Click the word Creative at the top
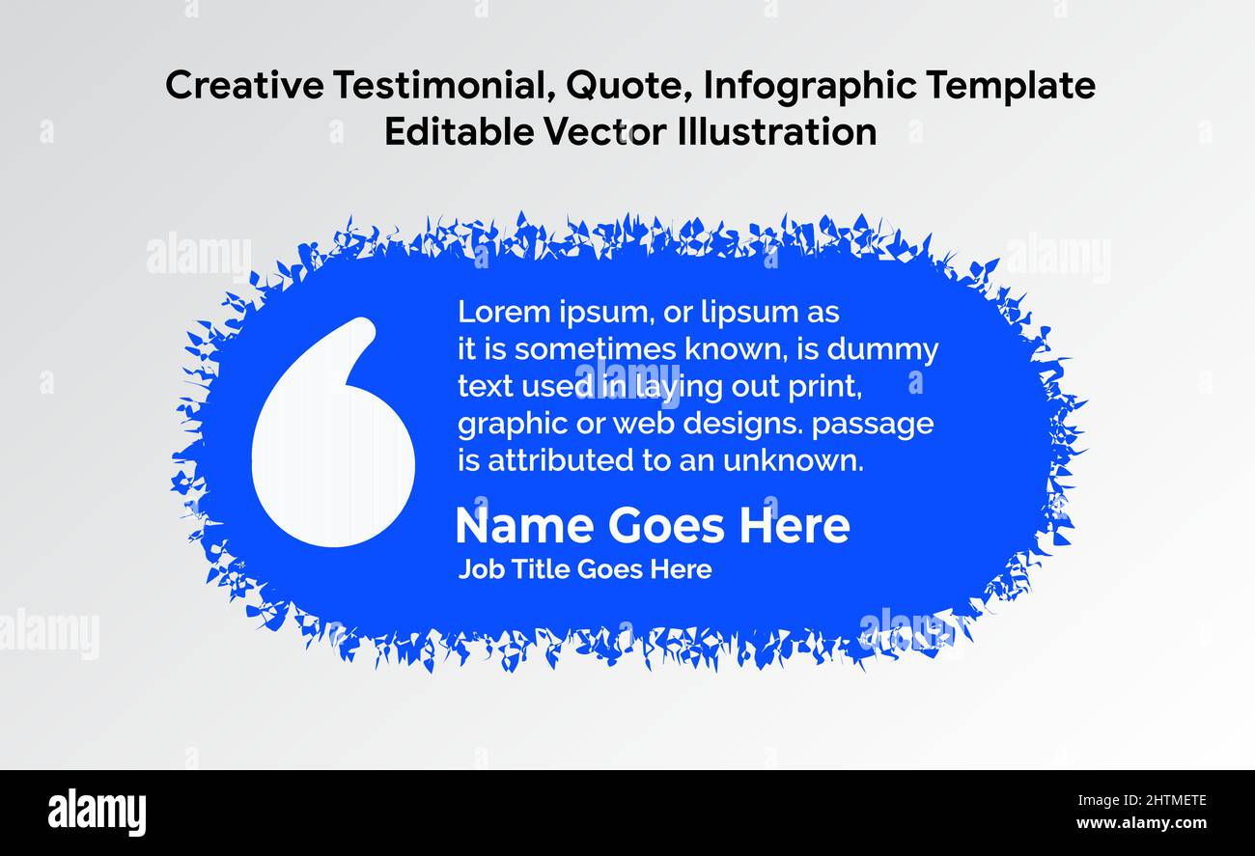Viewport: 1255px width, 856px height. click(245, 86)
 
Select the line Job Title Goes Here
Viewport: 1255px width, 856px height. click(585, 569)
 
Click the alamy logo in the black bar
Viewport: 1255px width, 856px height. click(98, 812)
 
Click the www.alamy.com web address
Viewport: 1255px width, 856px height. click(1141, 824)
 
